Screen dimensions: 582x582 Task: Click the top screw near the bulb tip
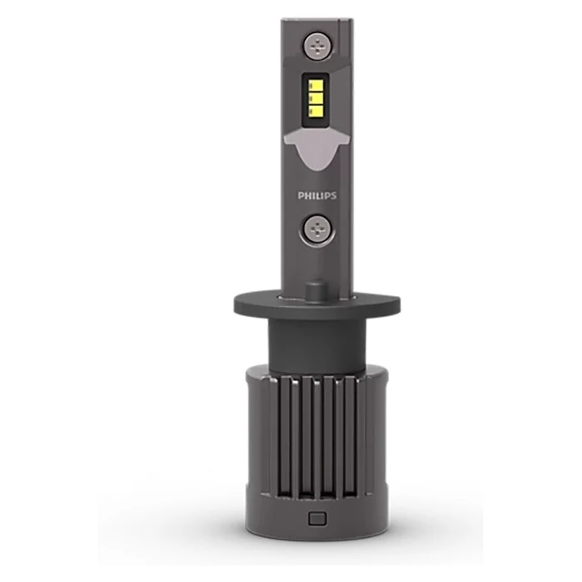click(x=318, y=46)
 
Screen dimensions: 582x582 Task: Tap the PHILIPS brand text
click(x=317, y=195)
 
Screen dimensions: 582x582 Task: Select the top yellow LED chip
click(x=316, y=86)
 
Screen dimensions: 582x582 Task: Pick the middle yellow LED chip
click(x=316, y=98)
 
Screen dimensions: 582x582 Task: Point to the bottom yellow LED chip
click(x=316, y=111)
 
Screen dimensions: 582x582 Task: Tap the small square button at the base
click(x=318, y=519)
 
